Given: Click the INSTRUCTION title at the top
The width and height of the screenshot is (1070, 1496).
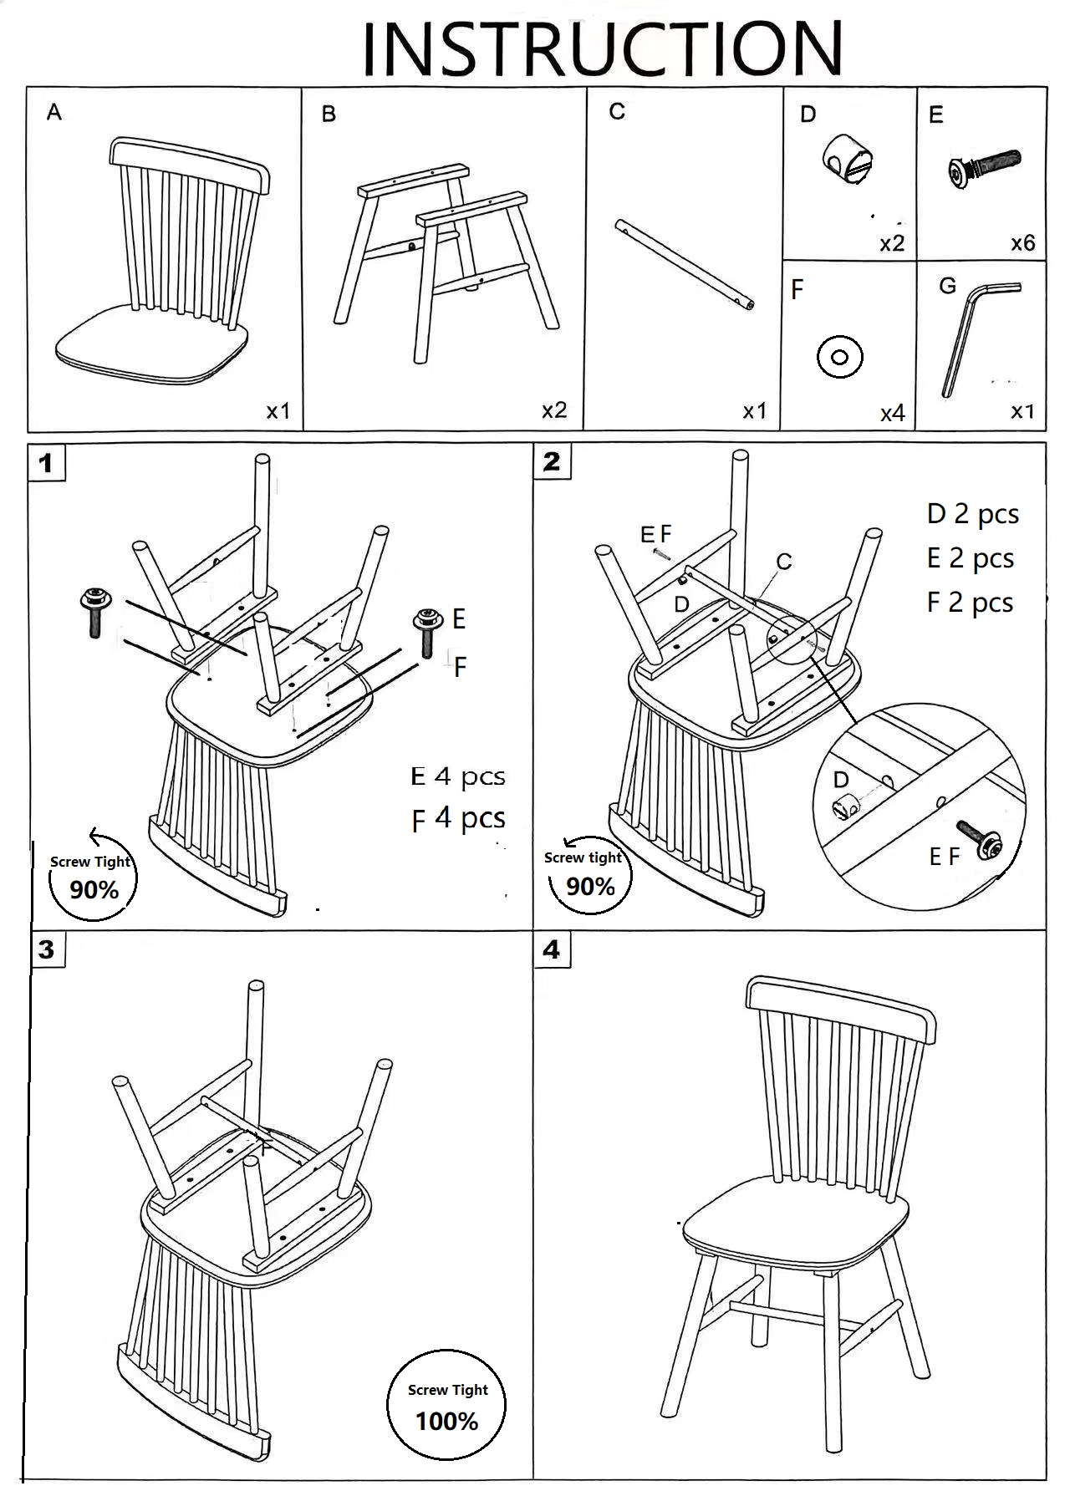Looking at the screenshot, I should pos(602,48).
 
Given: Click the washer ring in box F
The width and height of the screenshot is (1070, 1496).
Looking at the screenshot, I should pos(839,358).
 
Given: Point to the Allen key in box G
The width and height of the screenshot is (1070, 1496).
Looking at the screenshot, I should pos(973,334).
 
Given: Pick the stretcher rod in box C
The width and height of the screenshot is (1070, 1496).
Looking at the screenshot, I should pos(685,265).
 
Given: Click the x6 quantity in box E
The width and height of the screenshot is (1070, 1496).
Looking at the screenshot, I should pos(1022,243).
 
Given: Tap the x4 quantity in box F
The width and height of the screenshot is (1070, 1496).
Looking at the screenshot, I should pos(892,413).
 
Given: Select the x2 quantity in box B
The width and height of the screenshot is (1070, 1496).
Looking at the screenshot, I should pos(553,410).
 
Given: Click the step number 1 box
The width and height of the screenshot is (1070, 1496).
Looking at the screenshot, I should pos(46,463).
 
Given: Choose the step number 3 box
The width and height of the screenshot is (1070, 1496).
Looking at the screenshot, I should pos(47,949).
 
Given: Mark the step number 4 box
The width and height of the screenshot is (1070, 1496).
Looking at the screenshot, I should pos(552,949).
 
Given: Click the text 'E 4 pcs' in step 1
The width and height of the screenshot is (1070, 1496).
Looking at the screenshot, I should pos(458,776).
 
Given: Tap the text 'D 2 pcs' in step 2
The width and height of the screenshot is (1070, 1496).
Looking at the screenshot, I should pos(973,514).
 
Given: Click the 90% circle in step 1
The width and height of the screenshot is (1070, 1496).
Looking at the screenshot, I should pos(92,878).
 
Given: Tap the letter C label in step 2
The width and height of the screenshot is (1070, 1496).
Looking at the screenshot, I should pos(783,562).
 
